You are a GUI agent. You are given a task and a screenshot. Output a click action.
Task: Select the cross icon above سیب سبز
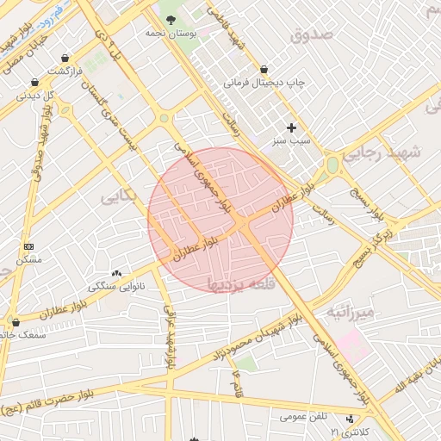pyautogui.click(x=292, y=127)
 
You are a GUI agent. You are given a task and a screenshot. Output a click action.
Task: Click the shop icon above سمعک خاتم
pyautogui.click(x=15, y=323)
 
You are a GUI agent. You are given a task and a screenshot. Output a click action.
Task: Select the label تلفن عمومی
pyautogui.click(x=304, y=417)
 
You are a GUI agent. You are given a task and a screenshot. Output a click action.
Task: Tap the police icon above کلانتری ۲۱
pyautogui.click(x=349, y=417)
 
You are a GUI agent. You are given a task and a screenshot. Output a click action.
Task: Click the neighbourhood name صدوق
pyautogui.click(x=310, y=35)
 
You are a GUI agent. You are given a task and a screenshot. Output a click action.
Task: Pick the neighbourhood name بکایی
pyautogui.click(x=119, y=197)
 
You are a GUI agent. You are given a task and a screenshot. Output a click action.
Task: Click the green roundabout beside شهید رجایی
pyautogui.click(x=332, y=165)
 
